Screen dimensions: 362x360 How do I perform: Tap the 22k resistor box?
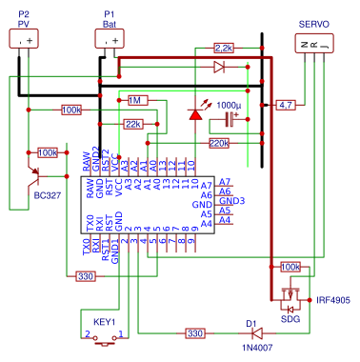pos(133,124)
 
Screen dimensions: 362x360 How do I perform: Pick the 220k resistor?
pos(219,143)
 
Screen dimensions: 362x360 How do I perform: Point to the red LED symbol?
pos(195,113)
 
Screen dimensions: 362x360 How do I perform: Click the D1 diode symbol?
pos(252,333)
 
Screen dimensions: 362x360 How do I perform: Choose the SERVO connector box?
pos(313,43)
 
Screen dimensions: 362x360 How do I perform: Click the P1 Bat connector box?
pos(110,39)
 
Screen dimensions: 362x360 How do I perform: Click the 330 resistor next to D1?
pos(194,333)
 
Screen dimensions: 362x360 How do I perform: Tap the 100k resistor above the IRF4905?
pos(290,268)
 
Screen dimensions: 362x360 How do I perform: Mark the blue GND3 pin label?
pos(231,201)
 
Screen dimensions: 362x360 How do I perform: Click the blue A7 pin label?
pos(224,182)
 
